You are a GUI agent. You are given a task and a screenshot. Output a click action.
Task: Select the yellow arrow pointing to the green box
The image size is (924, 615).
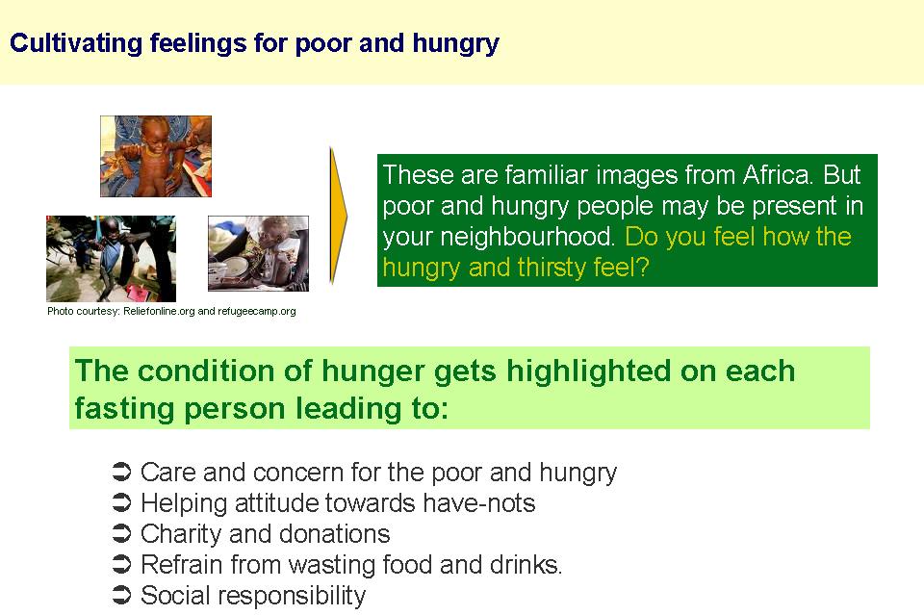coord(338,217)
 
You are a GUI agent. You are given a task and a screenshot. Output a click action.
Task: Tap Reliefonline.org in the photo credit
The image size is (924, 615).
coord(159,311)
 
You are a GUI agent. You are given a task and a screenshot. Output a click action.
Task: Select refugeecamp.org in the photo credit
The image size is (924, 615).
coord(256,312)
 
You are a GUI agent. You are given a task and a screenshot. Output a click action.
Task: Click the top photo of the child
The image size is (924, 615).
coord(156,156)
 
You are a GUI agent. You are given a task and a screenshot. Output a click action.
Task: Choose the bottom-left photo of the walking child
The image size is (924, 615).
coord(112,259)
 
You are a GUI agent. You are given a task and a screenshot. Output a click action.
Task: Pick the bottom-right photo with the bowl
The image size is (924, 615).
coord(258,253)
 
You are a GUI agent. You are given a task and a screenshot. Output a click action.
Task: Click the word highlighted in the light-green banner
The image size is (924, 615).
coord(589,372)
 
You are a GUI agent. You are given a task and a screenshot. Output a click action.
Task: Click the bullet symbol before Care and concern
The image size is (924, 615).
coord(121,472)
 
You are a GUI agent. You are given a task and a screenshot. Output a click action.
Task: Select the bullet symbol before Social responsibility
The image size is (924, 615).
coord(121,595)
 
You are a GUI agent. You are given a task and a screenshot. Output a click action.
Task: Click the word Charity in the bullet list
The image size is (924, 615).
coord(181,535)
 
